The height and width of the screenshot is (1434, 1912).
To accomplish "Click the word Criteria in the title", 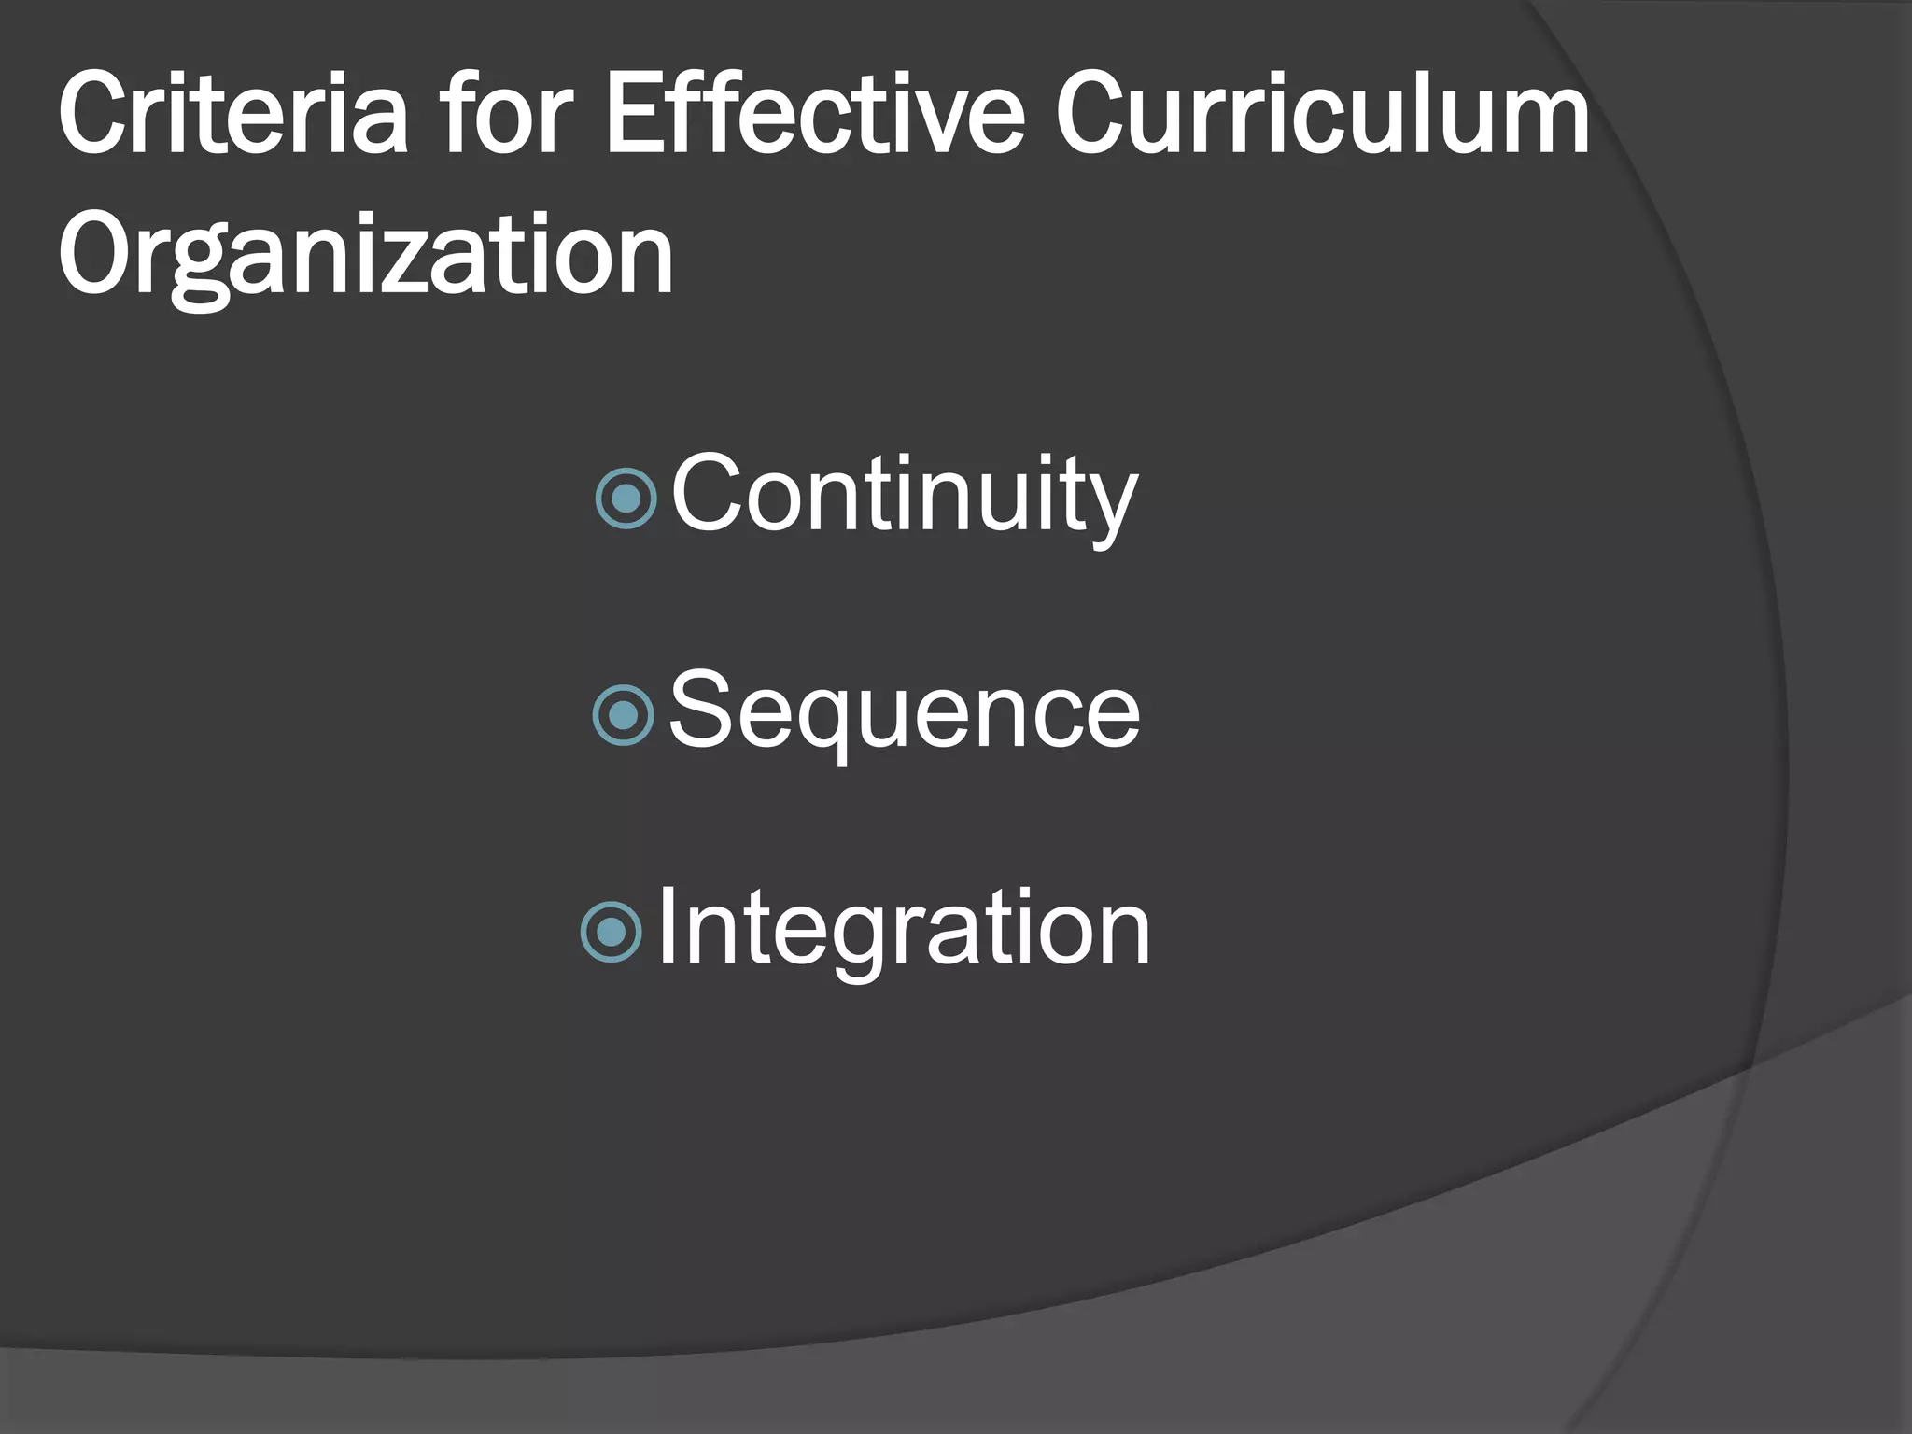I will [x=233, y=117].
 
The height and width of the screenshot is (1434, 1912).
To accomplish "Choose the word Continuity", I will [x=904, y=495].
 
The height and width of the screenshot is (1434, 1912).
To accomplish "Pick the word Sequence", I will [x=904, y=713].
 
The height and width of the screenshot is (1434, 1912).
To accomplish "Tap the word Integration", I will [x=904, y=930].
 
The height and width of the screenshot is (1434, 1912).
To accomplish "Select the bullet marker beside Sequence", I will [x=624, y=715].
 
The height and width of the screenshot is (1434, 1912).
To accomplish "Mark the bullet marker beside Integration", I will [x=612, y=932].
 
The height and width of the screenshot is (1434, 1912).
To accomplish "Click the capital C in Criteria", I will [x=94, y=117].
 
